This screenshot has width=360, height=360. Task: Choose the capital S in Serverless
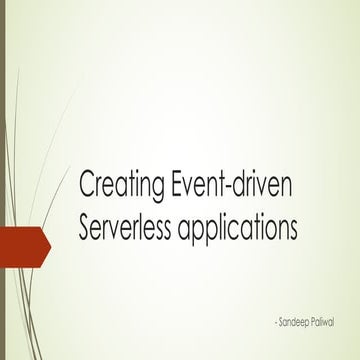pos(84,229)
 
